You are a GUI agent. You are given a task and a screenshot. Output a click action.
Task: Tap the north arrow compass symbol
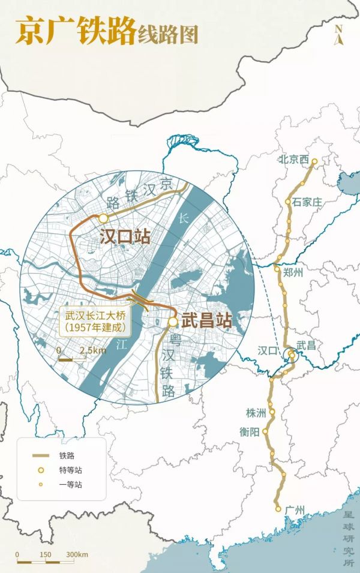pyautogui.click(x=339, y=35)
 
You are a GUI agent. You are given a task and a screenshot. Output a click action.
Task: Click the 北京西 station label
pyautogui.click(x=293, y=160)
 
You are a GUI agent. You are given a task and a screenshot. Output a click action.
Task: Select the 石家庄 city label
pyautogui.click(x=308, y=202)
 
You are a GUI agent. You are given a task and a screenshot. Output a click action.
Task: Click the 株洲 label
pyautogui.click(x=255, y=413)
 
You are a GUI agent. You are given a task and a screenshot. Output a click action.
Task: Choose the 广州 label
pyautogui.click(x=296, y=510)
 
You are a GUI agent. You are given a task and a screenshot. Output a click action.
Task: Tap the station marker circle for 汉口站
pyautogui.click(x=103, y=218)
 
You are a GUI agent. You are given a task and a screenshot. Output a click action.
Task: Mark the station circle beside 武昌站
pyautogui.click(x=173, y=322)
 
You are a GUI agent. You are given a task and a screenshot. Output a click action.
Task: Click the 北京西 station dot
pyautogui.click(x=314, y=161)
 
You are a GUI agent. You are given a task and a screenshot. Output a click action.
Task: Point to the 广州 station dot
pyautogui.click(x=278, y=509)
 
